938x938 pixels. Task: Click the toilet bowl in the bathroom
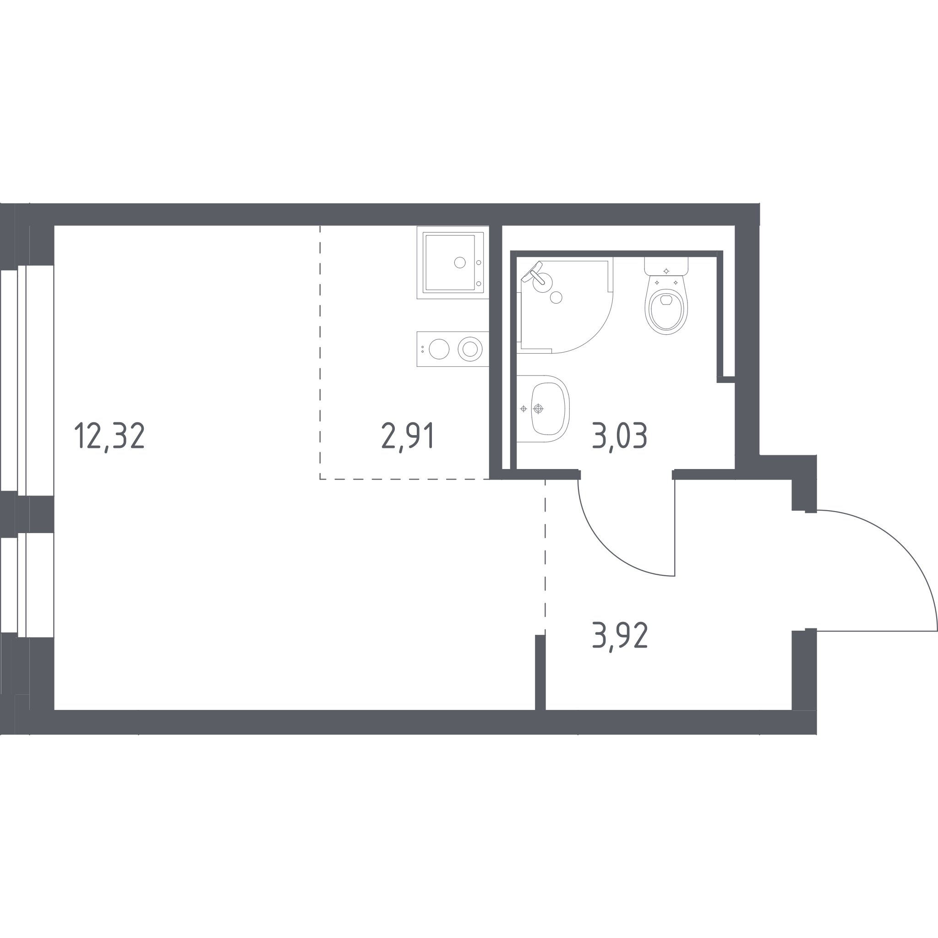pos(666,311)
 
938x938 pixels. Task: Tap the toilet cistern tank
pos(666,266)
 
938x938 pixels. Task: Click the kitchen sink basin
pos(450,262)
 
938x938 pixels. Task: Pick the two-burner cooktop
pos(453,349)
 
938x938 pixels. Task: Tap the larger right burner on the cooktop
pos(470,349)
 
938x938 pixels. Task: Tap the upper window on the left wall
pos(27,380)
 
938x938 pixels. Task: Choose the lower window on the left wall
pos(27,585)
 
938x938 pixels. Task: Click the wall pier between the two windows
pos(27,514)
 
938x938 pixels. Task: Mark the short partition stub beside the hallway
pos(540,672)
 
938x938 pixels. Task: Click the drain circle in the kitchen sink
pos(460,262)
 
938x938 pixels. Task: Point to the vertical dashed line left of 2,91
pos(320,353)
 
